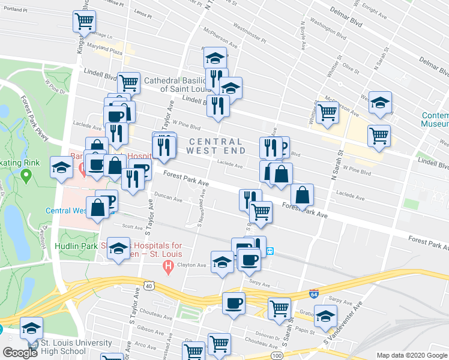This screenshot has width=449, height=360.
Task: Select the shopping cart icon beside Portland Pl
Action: [85, 22]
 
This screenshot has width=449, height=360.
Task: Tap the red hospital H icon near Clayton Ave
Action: [169, 265]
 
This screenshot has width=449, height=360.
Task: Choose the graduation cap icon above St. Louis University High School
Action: [31, 328]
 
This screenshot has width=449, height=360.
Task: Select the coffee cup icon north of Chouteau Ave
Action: [234, 303]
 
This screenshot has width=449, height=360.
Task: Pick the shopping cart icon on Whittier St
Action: [327, 112]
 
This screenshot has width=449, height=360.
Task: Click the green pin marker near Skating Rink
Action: [26, 176]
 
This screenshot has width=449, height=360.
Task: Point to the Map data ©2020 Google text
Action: [411, 355]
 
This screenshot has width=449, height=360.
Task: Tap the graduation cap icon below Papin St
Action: [325, 316]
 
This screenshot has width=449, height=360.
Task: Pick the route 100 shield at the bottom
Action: [277, 356]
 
